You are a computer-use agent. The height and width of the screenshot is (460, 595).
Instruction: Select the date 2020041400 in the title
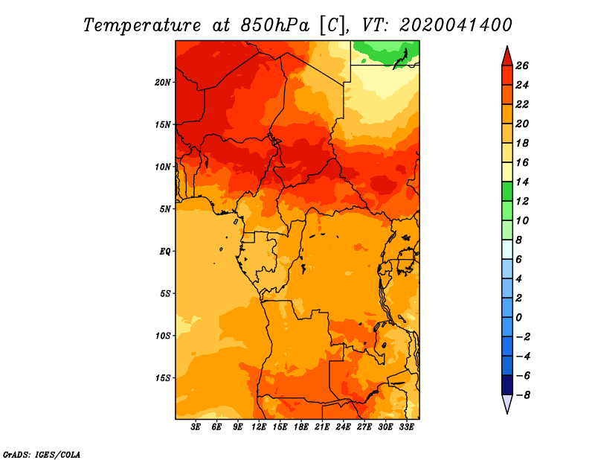point(456,25)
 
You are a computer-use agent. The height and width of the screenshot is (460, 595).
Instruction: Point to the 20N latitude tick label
point(163,82)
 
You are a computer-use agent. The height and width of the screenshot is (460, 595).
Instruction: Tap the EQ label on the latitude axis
point(165,251)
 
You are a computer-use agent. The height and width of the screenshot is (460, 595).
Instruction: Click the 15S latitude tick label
point(163,377)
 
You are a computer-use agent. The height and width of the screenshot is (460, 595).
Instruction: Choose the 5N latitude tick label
point(165,208)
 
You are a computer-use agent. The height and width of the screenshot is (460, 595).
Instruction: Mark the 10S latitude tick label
point(163,335)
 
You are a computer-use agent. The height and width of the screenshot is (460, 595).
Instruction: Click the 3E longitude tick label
point(196,427)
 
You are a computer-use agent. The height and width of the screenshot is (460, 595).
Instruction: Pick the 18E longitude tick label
point(301,427)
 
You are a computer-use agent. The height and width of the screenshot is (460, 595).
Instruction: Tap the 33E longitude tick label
point(406,427)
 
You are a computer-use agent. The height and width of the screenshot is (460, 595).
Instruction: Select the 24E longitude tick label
point(343,427)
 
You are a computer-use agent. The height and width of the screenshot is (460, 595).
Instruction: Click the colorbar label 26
point(521,66)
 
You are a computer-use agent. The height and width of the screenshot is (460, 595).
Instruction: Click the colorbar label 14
point(521,182)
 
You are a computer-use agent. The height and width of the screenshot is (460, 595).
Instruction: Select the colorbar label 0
point(521,317)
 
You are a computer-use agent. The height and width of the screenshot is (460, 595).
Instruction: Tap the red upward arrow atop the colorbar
point(506,56)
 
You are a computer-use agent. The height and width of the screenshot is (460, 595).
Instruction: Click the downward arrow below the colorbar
point(506,404)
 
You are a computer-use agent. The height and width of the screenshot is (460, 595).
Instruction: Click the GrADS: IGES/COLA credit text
point(42,453)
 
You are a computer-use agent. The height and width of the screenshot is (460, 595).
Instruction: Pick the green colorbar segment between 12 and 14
point(506,191)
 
